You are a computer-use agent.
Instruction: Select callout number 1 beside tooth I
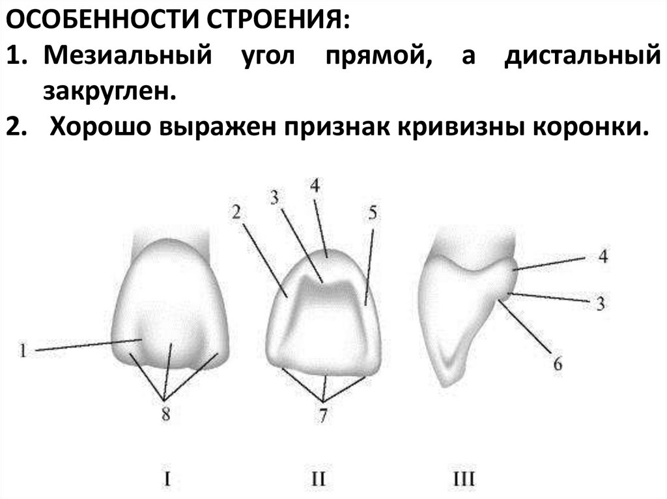coord(23,352)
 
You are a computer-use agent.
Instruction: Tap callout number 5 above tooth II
coord(371,214)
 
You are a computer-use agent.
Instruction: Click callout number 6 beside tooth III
coord(558,364)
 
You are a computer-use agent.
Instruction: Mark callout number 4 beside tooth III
coord(603,256)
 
